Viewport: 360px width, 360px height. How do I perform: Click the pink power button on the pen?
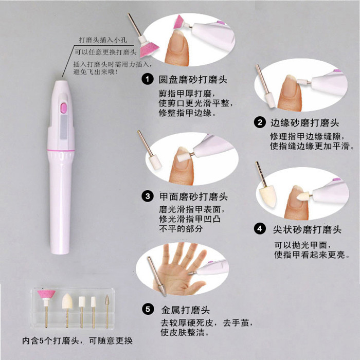tap(64, 108)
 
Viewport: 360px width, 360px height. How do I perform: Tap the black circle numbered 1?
tap(147, 79)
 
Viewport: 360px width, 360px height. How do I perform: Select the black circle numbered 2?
tap(260, 122)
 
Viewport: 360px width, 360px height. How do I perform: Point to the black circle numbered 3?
tap(148, 196)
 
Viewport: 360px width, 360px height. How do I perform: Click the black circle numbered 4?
tap(260, 229)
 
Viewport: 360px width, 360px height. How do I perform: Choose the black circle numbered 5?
tap(148, 309)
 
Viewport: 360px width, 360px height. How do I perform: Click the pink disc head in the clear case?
tap(46, 294)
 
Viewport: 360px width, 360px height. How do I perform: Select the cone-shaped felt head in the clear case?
tap(67, 301)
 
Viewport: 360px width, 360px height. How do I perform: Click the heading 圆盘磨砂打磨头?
tap(193, 80)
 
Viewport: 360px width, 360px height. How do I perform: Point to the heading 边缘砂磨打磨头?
tap(304, 123)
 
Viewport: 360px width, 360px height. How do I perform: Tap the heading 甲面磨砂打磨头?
tap(193, 197)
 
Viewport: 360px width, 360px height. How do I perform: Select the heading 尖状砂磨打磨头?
tap(307, 229)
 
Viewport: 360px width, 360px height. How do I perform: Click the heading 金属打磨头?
tap(185, 310)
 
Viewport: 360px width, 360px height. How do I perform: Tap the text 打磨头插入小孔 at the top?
tap(103, 40)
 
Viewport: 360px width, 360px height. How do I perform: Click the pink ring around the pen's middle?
tap(61, 151)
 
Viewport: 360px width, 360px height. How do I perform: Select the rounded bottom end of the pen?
tap(60, 251)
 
